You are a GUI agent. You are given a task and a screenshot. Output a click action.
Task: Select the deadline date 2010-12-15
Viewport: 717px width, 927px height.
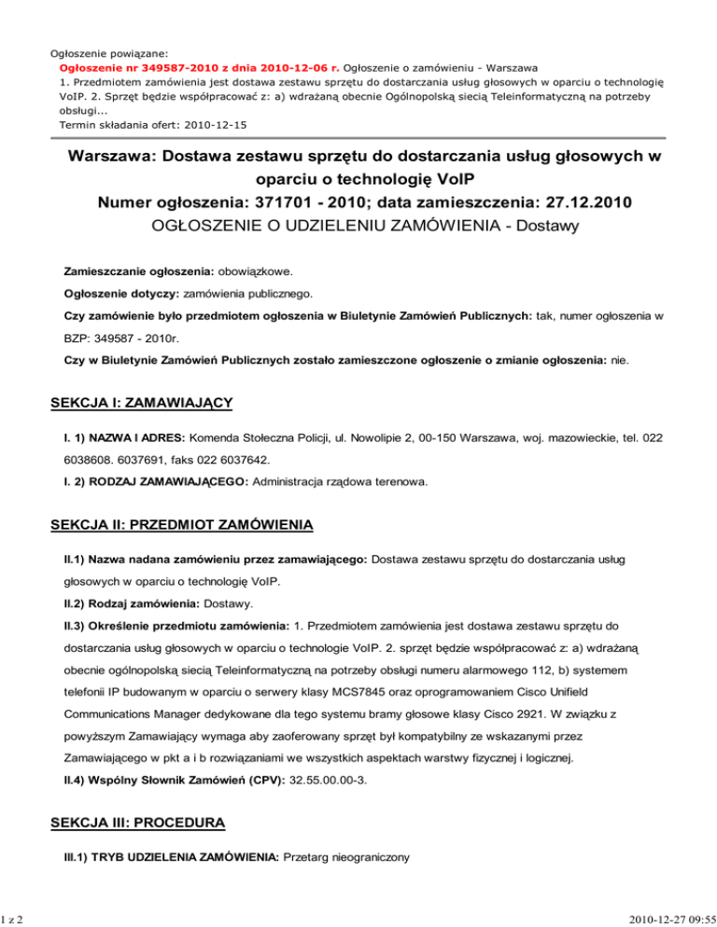click(x=217, y=124)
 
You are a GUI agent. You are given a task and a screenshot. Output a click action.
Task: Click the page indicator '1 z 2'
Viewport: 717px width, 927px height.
click(x=12, y=917)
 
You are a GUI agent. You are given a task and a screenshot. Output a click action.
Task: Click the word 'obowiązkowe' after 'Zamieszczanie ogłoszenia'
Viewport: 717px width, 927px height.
click(x=255, y=272)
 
